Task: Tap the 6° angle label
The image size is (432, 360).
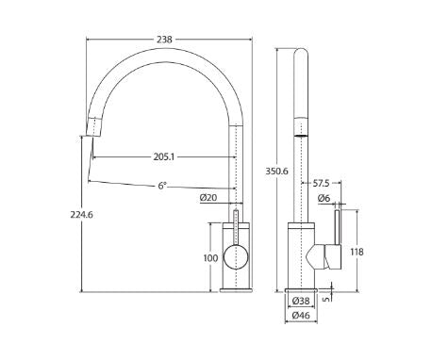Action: [x=162, y=186]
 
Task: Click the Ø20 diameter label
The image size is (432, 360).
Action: [x=208, y=198]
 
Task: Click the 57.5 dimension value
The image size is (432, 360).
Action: [x=323, y=183]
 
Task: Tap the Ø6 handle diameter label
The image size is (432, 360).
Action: [x=324, y=198]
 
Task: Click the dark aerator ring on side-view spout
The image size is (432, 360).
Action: [x=301, y=136]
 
